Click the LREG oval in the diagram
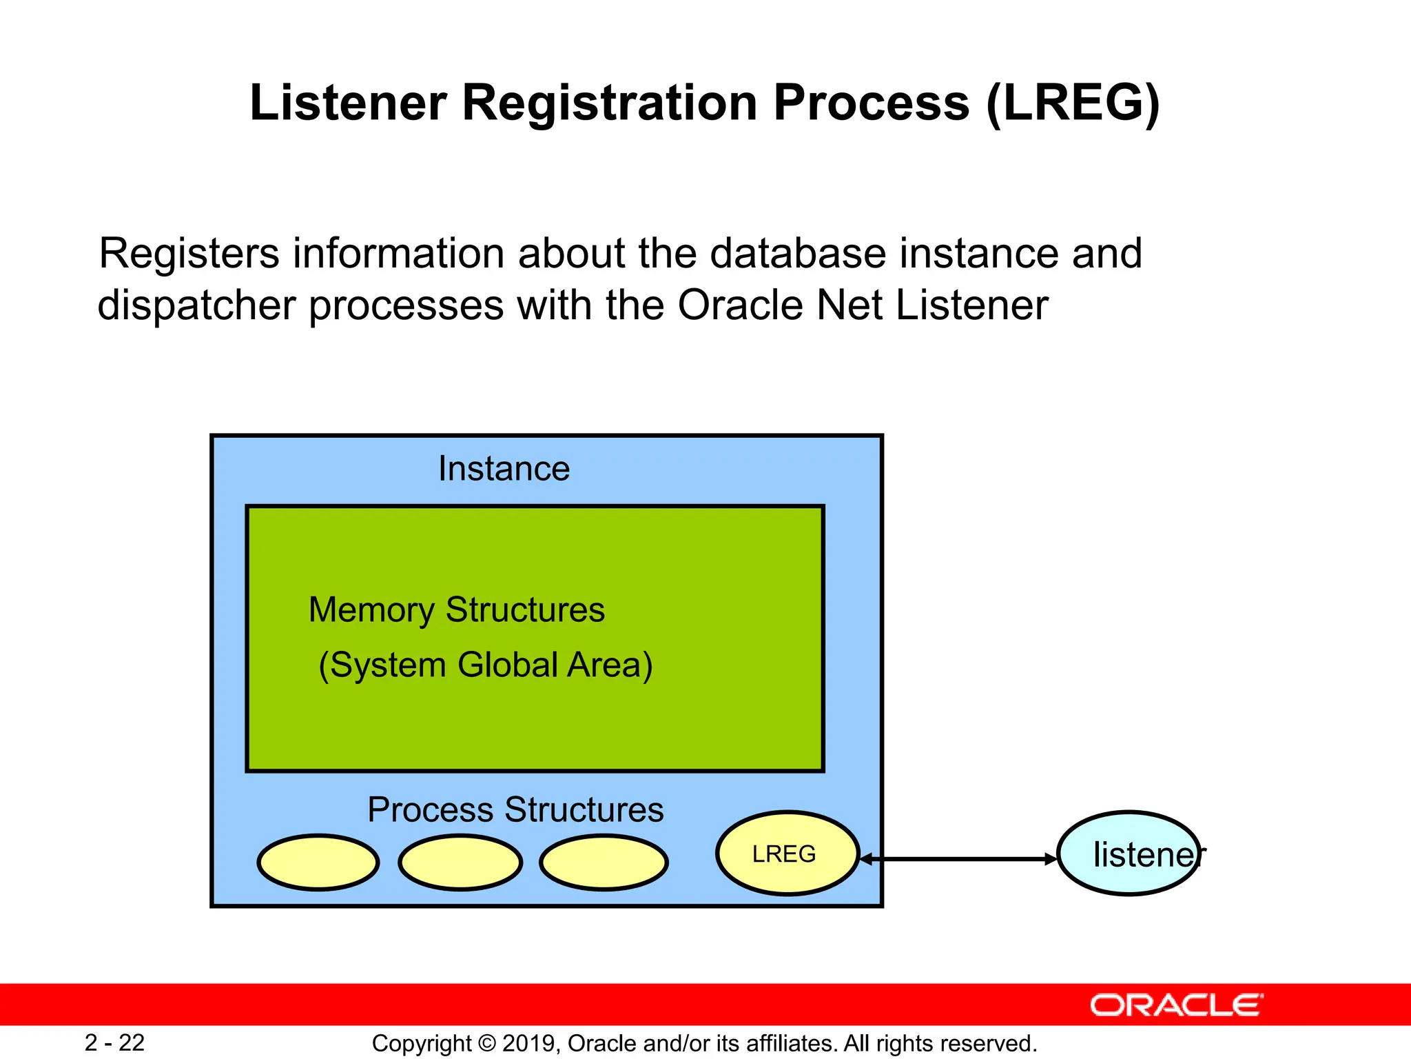coord(787,854)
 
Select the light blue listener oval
coord(1129,854)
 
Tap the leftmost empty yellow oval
coord(318,863)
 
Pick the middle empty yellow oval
coord(460,863)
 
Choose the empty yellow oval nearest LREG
coord(604,863)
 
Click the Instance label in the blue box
coord(504,469)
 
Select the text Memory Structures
coord(456,610)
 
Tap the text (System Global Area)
coord(485,665)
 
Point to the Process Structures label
coord(515,809)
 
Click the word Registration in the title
coord(610,103)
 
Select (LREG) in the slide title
coord(1073,103)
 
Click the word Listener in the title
coord(348,103)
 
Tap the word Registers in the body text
coord(189,253)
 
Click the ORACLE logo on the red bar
coord(1176,1005)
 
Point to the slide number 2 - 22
coord(114,1042)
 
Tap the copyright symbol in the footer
coord(486,1043)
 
